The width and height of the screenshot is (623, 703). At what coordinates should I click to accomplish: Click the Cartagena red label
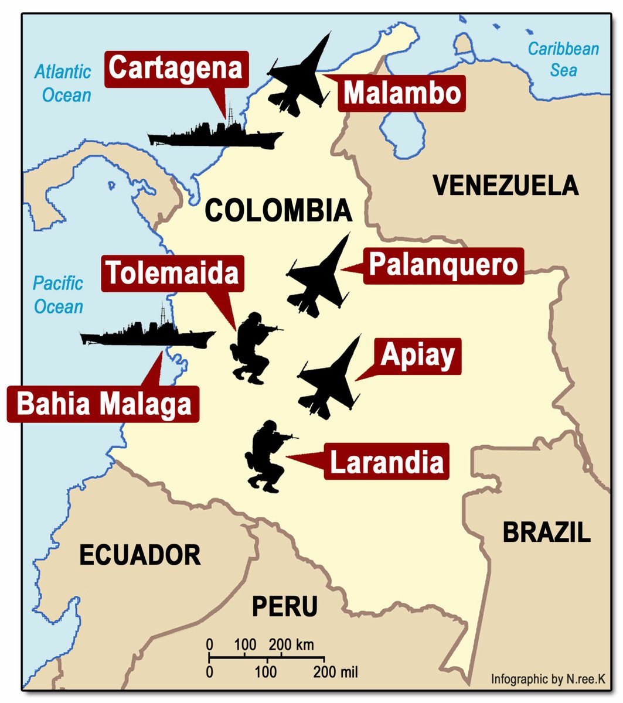point(176,69)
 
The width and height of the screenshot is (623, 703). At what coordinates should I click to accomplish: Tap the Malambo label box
point(401,94)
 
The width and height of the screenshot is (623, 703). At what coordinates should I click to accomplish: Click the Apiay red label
point(417,356)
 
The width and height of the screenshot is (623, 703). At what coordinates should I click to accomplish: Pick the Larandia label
point(387,463)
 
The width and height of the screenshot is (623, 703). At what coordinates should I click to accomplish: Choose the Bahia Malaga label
point(104,404)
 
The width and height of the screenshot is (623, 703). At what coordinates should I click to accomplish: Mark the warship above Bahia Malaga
point(148,334)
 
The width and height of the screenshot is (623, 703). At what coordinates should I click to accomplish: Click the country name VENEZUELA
point(505,186)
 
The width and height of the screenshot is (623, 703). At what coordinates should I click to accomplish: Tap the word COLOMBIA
point(278,211)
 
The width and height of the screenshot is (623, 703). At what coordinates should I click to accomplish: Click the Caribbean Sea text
point(563,59)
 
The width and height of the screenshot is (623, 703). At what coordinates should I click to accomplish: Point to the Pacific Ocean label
point(58,295)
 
